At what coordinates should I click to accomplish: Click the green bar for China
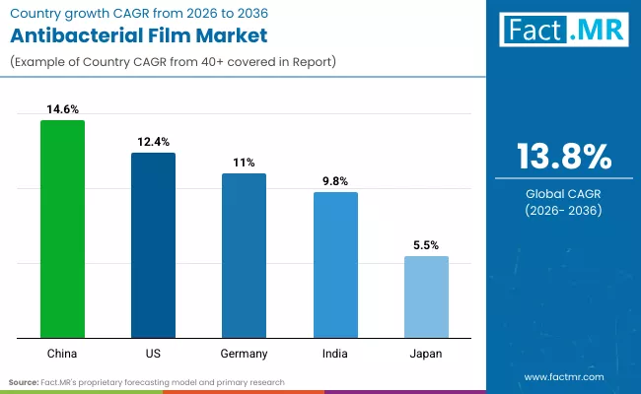point(62,230)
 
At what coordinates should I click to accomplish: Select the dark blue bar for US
point(153,245)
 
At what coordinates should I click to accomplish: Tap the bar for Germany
point(244,256)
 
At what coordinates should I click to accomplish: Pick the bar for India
point(335,265)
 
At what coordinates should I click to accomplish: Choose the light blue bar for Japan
point(426,297)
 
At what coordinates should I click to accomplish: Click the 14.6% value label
point(62,110)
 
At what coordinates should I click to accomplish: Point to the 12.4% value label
point(153,143)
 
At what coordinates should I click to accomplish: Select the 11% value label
point(244,163)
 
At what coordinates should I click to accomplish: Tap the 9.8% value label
point(335,181)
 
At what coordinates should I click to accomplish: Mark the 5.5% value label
point(426,244)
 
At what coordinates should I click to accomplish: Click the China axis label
point(62,354)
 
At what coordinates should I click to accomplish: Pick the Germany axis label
point(244,354)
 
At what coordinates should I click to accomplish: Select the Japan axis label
point(426,354)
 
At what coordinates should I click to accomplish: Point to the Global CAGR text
point(563,194)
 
